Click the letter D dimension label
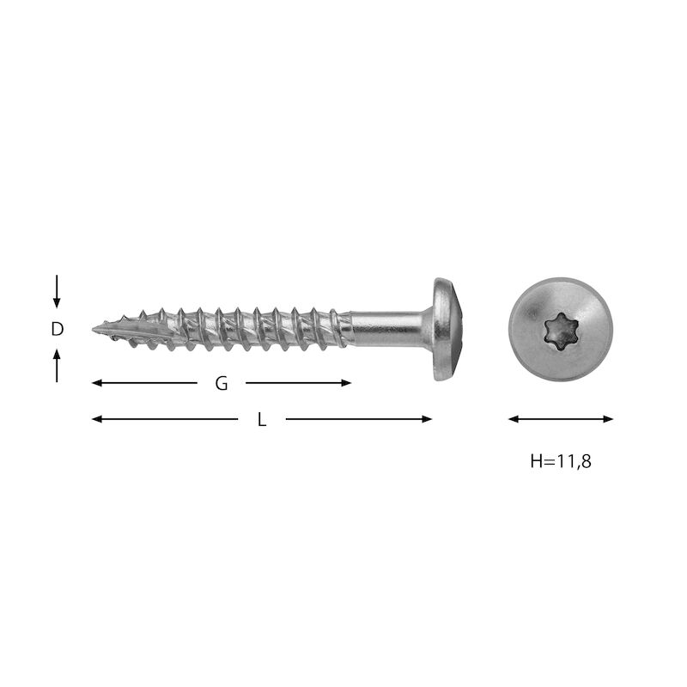[x=57, y=329]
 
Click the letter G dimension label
[x=222, y=383]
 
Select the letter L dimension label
[x=262, y=420]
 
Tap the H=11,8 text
[x=561, y=461]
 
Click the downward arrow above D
[x=57, y=291]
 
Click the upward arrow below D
[x=57, y=366]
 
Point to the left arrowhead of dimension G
[x=97, y=383]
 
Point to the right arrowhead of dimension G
[x=346, y=383]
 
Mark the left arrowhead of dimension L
[x=97, y=419]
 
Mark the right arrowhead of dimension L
[x=427, y=419]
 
